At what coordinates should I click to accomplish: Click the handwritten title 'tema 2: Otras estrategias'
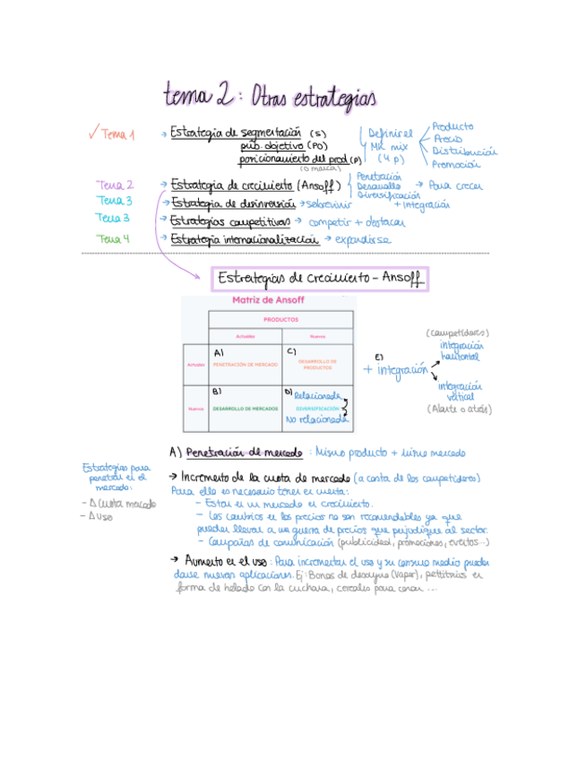(x=270, y=94)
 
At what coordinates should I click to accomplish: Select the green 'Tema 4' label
(x=114, y=239)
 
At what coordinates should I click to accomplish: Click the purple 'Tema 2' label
(x=116, y=185)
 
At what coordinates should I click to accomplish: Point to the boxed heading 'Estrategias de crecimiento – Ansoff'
(x=320, y=279)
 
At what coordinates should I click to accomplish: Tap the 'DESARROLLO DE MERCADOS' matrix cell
(x=245, y=409)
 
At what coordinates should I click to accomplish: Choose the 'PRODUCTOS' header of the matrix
(x=280, y=319)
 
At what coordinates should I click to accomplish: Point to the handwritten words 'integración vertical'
(x=460, y=391)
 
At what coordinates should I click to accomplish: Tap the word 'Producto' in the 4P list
(x=453, y=127)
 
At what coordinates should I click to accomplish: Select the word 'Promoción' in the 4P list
(x=456, y=164)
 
